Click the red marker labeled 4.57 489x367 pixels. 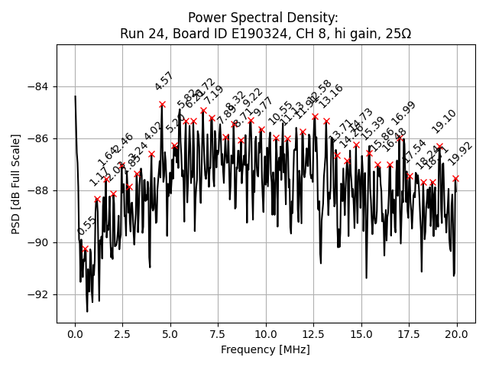click(162, 104)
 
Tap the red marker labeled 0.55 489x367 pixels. click(86, 248)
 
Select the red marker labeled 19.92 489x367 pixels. click(455, 178)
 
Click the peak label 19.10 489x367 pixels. click(444, 122)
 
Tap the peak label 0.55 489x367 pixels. click(86, 226)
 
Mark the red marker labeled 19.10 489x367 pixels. click(440, 146)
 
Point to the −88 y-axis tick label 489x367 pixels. click(39, 190)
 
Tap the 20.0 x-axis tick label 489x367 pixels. click(457, 335)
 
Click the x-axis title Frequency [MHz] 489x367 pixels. click(265, 350)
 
